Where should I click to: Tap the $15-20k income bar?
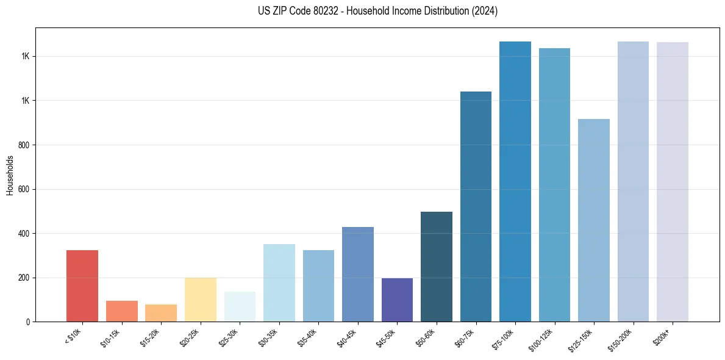tap(161, 313)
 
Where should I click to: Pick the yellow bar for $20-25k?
tap(201, 300)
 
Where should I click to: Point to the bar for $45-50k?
tap(397, 300)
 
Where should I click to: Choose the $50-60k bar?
tap(437, 267)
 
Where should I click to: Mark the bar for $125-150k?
tap(594, 220)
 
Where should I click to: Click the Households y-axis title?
tap(10, 175)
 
